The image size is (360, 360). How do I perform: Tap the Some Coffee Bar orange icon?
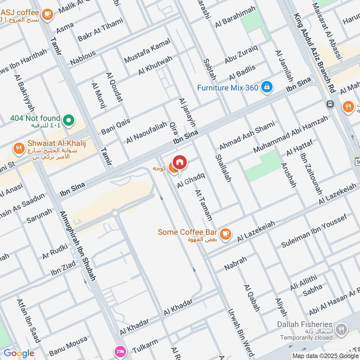(225, 233)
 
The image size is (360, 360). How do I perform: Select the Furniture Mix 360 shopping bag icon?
(267, 87)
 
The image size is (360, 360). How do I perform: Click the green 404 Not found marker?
(68, 120)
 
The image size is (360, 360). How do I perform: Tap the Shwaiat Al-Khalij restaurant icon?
(18, 148)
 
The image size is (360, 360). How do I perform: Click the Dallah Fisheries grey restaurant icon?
(342, 329)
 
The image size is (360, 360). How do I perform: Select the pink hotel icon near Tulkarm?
(120, 351)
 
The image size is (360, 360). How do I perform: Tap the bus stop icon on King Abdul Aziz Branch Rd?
(331, 104)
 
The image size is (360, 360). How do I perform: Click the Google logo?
(18, 353)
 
